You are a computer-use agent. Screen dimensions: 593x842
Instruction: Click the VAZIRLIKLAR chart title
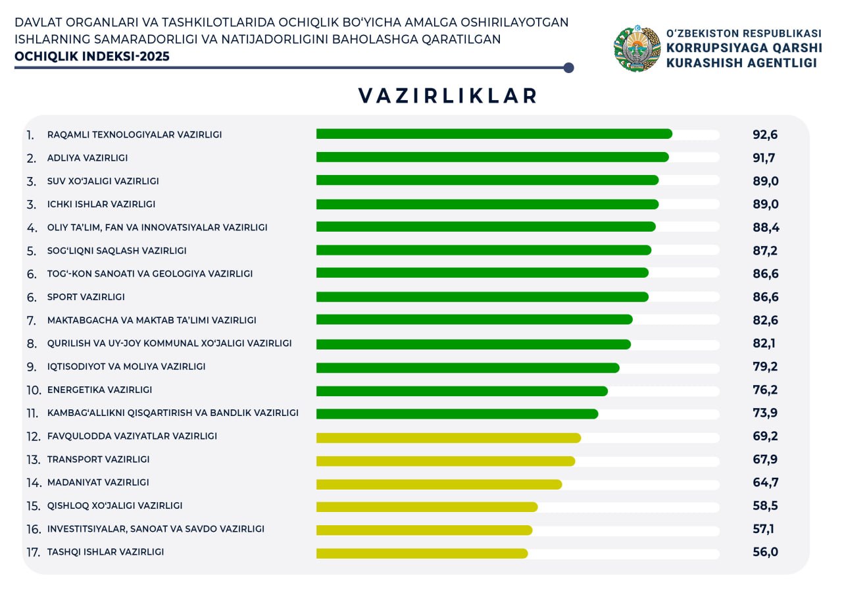448,96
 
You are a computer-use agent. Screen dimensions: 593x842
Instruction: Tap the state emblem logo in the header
637,49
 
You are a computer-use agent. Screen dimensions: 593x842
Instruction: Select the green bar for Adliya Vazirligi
492,157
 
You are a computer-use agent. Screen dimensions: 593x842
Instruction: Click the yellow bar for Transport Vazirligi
445,461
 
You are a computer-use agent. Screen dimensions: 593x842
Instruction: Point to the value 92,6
765,135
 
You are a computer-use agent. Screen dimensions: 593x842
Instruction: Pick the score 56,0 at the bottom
765,552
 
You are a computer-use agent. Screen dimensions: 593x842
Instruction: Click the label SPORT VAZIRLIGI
86,297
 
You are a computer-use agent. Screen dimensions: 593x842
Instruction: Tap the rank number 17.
34,553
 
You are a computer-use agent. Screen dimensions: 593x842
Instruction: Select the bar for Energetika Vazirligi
462,391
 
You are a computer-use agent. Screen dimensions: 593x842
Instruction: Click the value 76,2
765,390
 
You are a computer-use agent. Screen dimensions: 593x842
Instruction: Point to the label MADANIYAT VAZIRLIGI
98,482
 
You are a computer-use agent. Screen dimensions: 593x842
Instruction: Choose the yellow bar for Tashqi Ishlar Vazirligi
422,554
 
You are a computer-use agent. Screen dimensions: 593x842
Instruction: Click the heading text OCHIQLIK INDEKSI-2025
92,57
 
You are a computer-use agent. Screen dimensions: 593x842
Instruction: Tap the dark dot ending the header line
569,68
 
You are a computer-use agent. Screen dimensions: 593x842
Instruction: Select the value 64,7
765,482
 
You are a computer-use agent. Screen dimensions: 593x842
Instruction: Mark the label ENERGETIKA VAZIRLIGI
99,390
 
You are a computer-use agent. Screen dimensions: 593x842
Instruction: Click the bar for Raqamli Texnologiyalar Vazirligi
494,134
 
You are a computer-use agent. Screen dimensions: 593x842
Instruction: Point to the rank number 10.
34,390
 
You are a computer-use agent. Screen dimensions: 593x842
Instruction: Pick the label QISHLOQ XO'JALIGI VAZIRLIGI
114,505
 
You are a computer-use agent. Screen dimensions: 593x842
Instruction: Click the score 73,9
765,413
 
